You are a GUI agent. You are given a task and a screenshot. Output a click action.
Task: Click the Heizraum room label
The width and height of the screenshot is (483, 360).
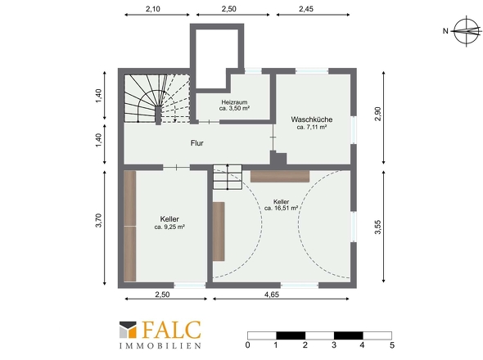pyautogui.click(x=234, y=102)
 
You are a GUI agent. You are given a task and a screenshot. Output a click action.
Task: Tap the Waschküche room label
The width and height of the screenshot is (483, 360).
pyautogui.click(x=311, y=119)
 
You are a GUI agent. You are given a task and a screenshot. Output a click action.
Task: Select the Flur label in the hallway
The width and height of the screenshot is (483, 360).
pyautogui.click(x=196, y=143)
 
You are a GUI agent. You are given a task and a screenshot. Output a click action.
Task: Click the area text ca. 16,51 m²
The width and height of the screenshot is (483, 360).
pyautogui.click(x=281, y=208)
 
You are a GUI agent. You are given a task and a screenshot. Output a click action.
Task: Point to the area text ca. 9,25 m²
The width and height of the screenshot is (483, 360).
pyautogui.click(x=169, y=227)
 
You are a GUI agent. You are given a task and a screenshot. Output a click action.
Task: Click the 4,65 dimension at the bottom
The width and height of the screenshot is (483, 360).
pyautogui.click(x=271, y=295)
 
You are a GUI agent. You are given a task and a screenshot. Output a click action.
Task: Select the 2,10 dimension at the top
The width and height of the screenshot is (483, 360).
pyautogui.click(x=153, y=9)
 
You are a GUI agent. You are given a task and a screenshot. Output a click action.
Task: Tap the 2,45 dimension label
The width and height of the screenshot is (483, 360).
pyautogui.click(x=306, y=9)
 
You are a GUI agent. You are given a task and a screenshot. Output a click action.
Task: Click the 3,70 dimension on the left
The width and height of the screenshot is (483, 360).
pyautogui.click(x=98, y=220)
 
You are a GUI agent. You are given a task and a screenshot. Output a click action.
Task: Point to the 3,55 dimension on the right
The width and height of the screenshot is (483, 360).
pyautogui.click(x=377, y=227)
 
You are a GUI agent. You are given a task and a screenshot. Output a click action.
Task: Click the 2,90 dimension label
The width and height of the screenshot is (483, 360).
pyautogui.click(x=377, y=114)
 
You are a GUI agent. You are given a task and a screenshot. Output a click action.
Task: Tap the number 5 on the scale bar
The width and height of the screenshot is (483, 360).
pyautogui.click(x=392, y=345)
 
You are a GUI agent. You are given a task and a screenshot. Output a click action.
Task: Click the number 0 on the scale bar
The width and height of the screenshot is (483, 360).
pyautogui.click(x=248, y=345)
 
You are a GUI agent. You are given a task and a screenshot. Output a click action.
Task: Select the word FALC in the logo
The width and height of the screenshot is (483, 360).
pyautogui.click(x=171, y=330)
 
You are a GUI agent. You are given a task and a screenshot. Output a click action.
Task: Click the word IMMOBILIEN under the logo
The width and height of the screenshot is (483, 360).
pyautogui.click(x=160, y=346)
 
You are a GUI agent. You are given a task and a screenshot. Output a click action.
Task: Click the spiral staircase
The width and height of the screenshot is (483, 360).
pyautogui.click(x=157, y=99)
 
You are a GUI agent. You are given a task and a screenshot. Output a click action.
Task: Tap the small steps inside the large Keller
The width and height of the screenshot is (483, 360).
pyautogui.click(x=228, y=177)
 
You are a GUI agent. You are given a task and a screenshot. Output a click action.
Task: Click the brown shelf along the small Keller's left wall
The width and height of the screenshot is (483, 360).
pyautogui.click(x=130, y=226)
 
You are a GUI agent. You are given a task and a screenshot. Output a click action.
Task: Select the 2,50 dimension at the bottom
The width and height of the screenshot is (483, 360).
pyautogui.click(x=162, y=295)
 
